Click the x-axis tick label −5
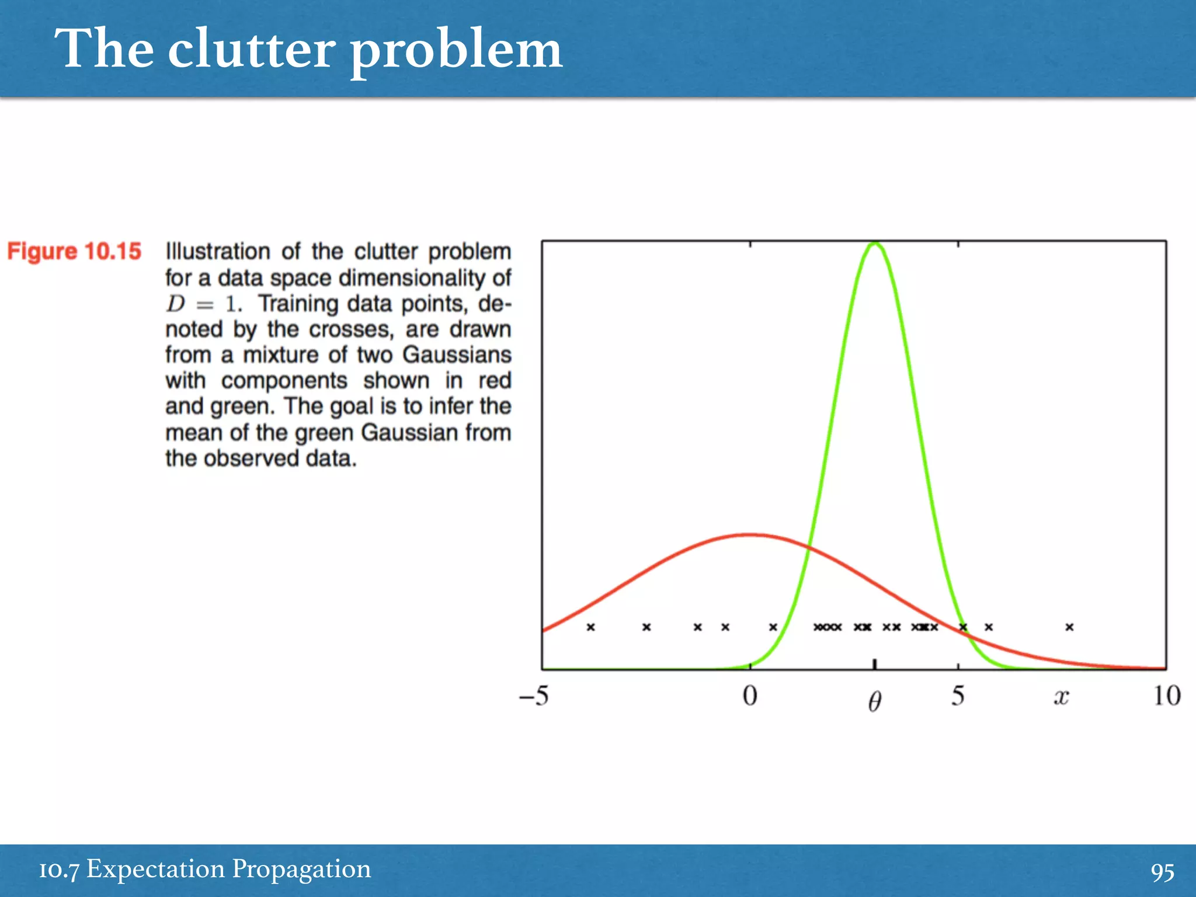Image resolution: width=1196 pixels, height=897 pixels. (x=534, y=696)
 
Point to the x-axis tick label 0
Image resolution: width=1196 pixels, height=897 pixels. (x=750, y=696)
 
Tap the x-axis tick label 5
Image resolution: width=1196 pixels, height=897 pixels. (x=958, y=696)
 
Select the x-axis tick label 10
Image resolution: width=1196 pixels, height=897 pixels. (x=1167, y=696)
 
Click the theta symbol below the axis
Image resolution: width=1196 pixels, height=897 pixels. (x=874, y=701)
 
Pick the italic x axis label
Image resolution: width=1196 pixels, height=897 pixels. (x=1061, y=697)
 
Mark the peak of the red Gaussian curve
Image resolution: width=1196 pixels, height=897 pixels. (x=750, y=534)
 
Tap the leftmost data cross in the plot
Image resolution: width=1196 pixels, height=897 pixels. (x=590, y=627)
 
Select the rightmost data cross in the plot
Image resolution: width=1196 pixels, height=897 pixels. (x=1069, y=627)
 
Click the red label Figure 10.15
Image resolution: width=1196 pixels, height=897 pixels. (x=74, y=252)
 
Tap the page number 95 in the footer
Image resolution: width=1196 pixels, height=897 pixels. (x=1162, y=872)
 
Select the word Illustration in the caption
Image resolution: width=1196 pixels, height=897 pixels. (x=218, y=252)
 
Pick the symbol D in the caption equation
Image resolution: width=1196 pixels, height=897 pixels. (x=175, y=304)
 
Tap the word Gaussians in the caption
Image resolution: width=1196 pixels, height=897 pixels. (x=457, y=355)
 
